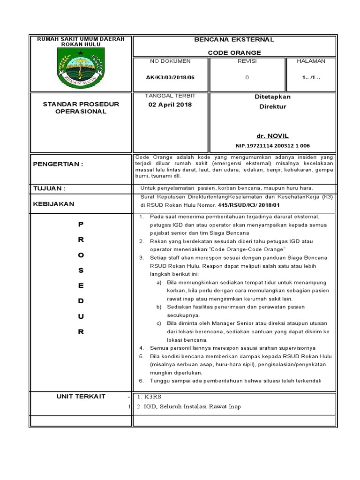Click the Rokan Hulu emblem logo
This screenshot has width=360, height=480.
pos(81,68)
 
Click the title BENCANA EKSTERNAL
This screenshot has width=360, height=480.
pos(234,40)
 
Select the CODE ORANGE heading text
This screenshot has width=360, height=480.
pos(234,52)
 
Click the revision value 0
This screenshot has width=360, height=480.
pos(247,78)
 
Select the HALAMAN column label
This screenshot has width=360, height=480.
pos(311,61)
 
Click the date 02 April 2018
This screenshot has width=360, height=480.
pos(170,105)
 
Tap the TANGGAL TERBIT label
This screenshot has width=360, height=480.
pos(170,96)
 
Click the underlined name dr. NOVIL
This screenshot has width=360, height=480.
pos(272,135)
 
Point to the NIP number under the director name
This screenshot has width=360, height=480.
pos(272,146)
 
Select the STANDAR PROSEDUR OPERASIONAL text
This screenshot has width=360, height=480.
pos(81,108)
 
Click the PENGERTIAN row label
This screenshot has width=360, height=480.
pos(58,164)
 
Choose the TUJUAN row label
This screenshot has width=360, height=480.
pos(49,188)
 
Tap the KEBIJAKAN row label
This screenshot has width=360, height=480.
pos(54,204)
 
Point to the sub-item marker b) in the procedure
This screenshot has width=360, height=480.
pos(159,307)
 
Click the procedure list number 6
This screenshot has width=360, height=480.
pos(142,381)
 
